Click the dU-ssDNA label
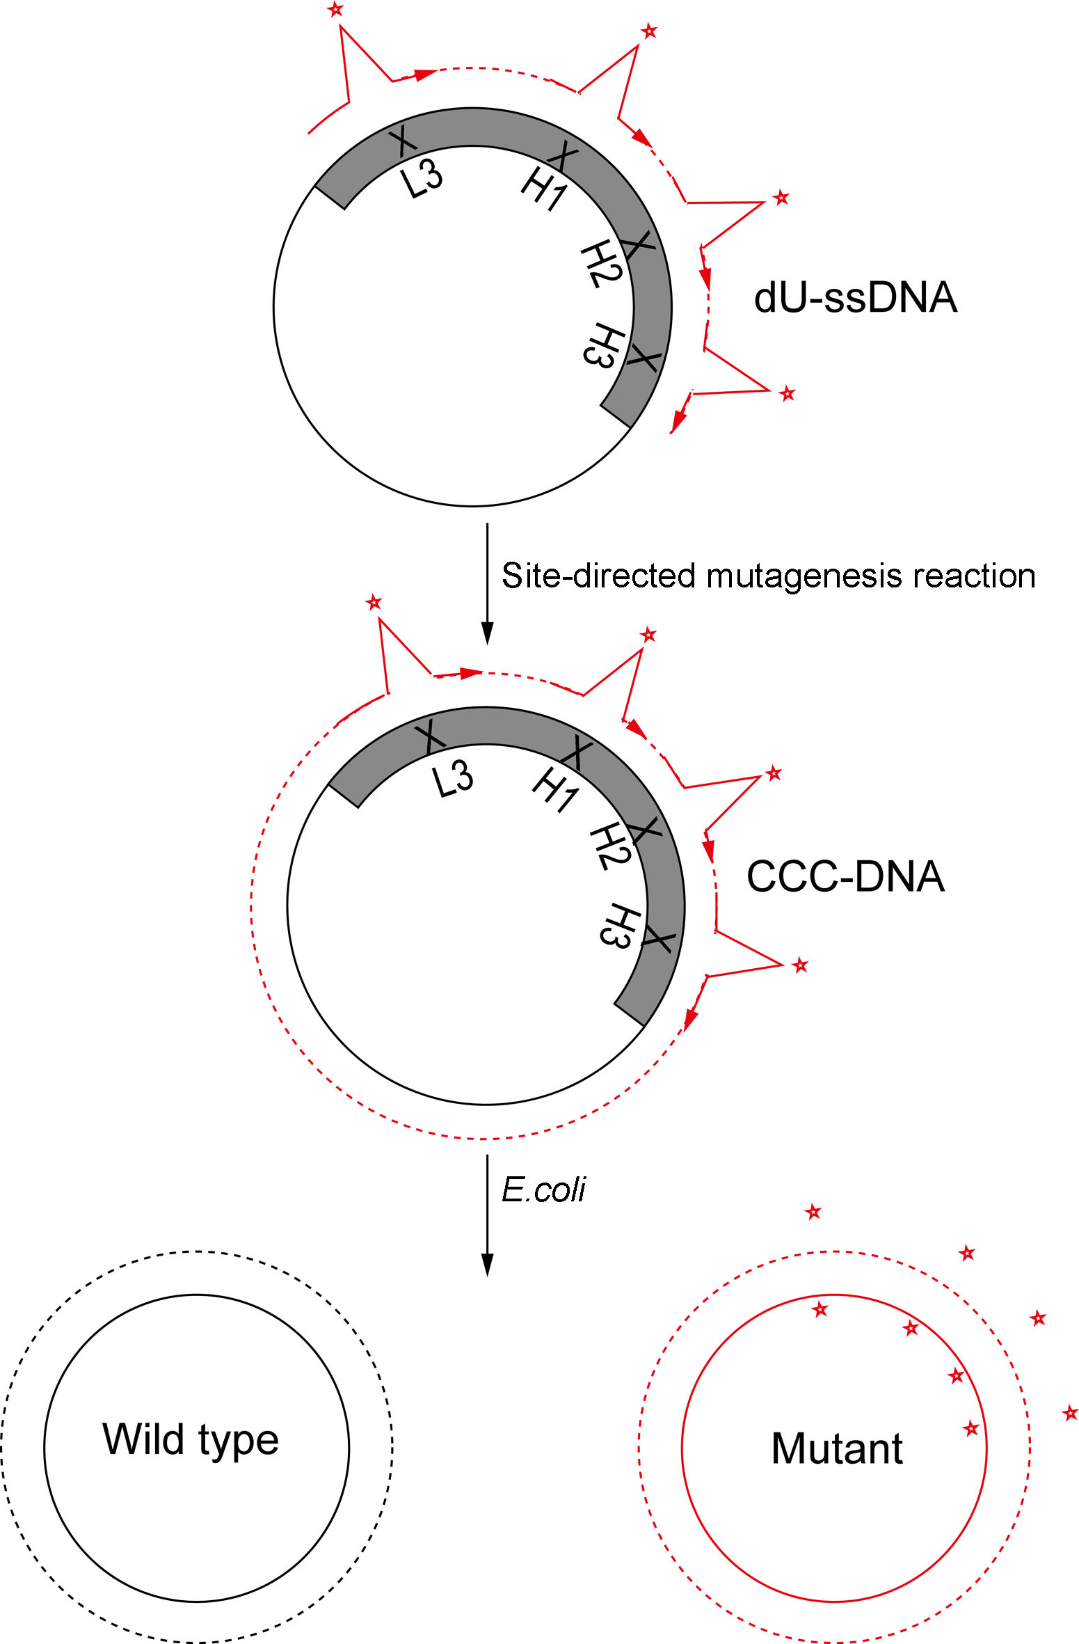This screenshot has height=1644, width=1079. tap(856, 298)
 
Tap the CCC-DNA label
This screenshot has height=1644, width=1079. tap(845, 876)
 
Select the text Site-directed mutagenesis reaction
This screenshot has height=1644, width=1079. tap(768, 576)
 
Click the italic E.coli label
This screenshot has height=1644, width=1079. tap(543, 1189)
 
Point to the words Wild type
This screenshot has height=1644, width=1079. tap(191, 1440)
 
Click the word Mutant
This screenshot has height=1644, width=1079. tap(837, 1449)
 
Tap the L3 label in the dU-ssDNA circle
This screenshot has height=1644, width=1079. tap(422, 179)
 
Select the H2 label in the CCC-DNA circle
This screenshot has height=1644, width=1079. tap(609, 846)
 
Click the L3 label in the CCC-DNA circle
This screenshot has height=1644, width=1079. tap(453, 778)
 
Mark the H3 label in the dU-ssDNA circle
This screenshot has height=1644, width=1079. tap(603, 345)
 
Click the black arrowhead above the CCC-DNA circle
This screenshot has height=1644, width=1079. tap(488, 633)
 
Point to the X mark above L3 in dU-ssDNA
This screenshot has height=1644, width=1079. tap(403, 141)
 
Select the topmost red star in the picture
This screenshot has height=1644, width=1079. tap(336, 10)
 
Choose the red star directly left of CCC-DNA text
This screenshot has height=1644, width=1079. tap(774, 773)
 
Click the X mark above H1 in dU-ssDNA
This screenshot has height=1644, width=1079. tap(564, 155)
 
